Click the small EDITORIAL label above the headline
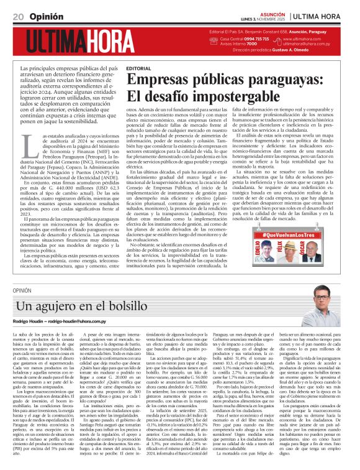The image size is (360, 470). [x=138, y=67]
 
